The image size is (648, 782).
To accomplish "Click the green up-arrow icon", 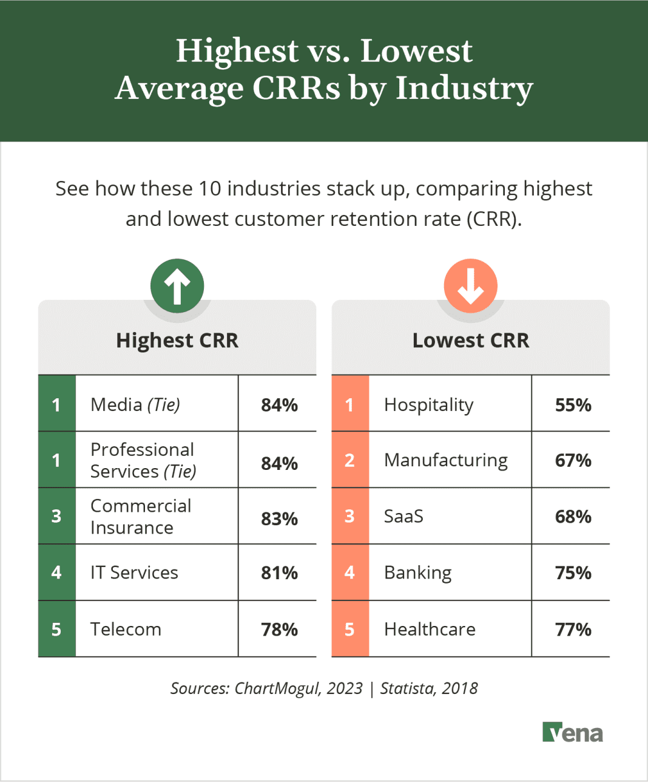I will (177, 286).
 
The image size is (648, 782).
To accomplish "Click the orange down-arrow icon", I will (470, 286).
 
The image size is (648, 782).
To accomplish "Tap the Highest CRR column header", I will (177, 341).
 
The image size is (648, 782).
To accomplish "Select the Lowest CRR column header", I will (470, 341).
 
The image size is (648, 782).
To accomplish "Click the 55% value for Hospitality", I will (573, 405).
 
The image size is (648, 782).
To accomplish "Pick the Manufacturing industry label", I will (446, 460).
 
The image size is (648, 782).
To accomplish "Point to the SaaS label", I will (403, 517).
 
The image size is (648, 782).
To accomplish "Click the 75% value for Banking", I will (573, 573).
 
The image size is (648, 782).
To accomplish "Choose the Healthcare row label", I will (430, 629).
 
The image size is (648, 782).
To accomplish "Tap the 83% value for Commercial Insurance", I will (279, 519).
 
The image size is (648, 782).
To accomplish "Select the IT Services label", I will (134, 573).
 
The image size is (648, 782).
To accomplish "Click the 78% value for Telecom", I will (279, 630).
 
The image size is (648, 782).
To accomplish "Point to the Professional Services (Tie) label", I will (143, 460).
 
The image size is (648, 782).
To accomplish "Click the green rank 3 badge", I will (56, 516).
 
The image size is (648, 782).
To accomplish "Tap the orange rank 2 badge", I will (349, 460).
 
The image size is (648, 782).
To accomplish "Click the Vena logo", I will (572, 733).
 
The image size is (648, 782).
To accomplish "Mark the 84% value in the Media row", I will (279, 405).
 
